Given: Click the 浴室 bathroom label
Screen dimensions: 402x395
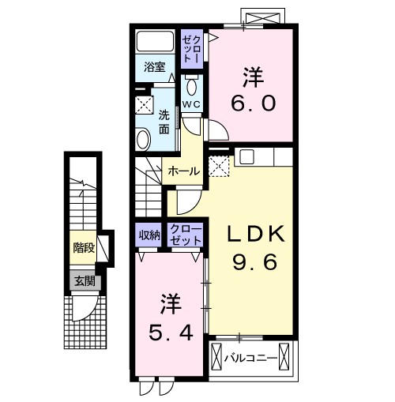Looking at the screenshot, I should click(x=154, y=68).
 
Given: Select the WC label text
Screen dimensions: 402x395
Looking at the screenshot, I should click(x=193, y=103).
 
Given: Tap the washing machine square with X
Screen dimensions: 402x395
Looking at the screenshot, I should click(x=142, y=104).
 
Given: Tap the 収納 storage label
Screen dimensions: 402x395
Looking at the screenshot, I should click(x=150, y=235).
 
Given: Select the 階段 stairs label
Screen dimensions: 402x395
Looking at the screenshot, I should click(x=84, y=248).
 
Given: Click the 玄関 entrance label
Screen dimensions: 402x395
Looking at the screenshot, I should click(x=84, y=280).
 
